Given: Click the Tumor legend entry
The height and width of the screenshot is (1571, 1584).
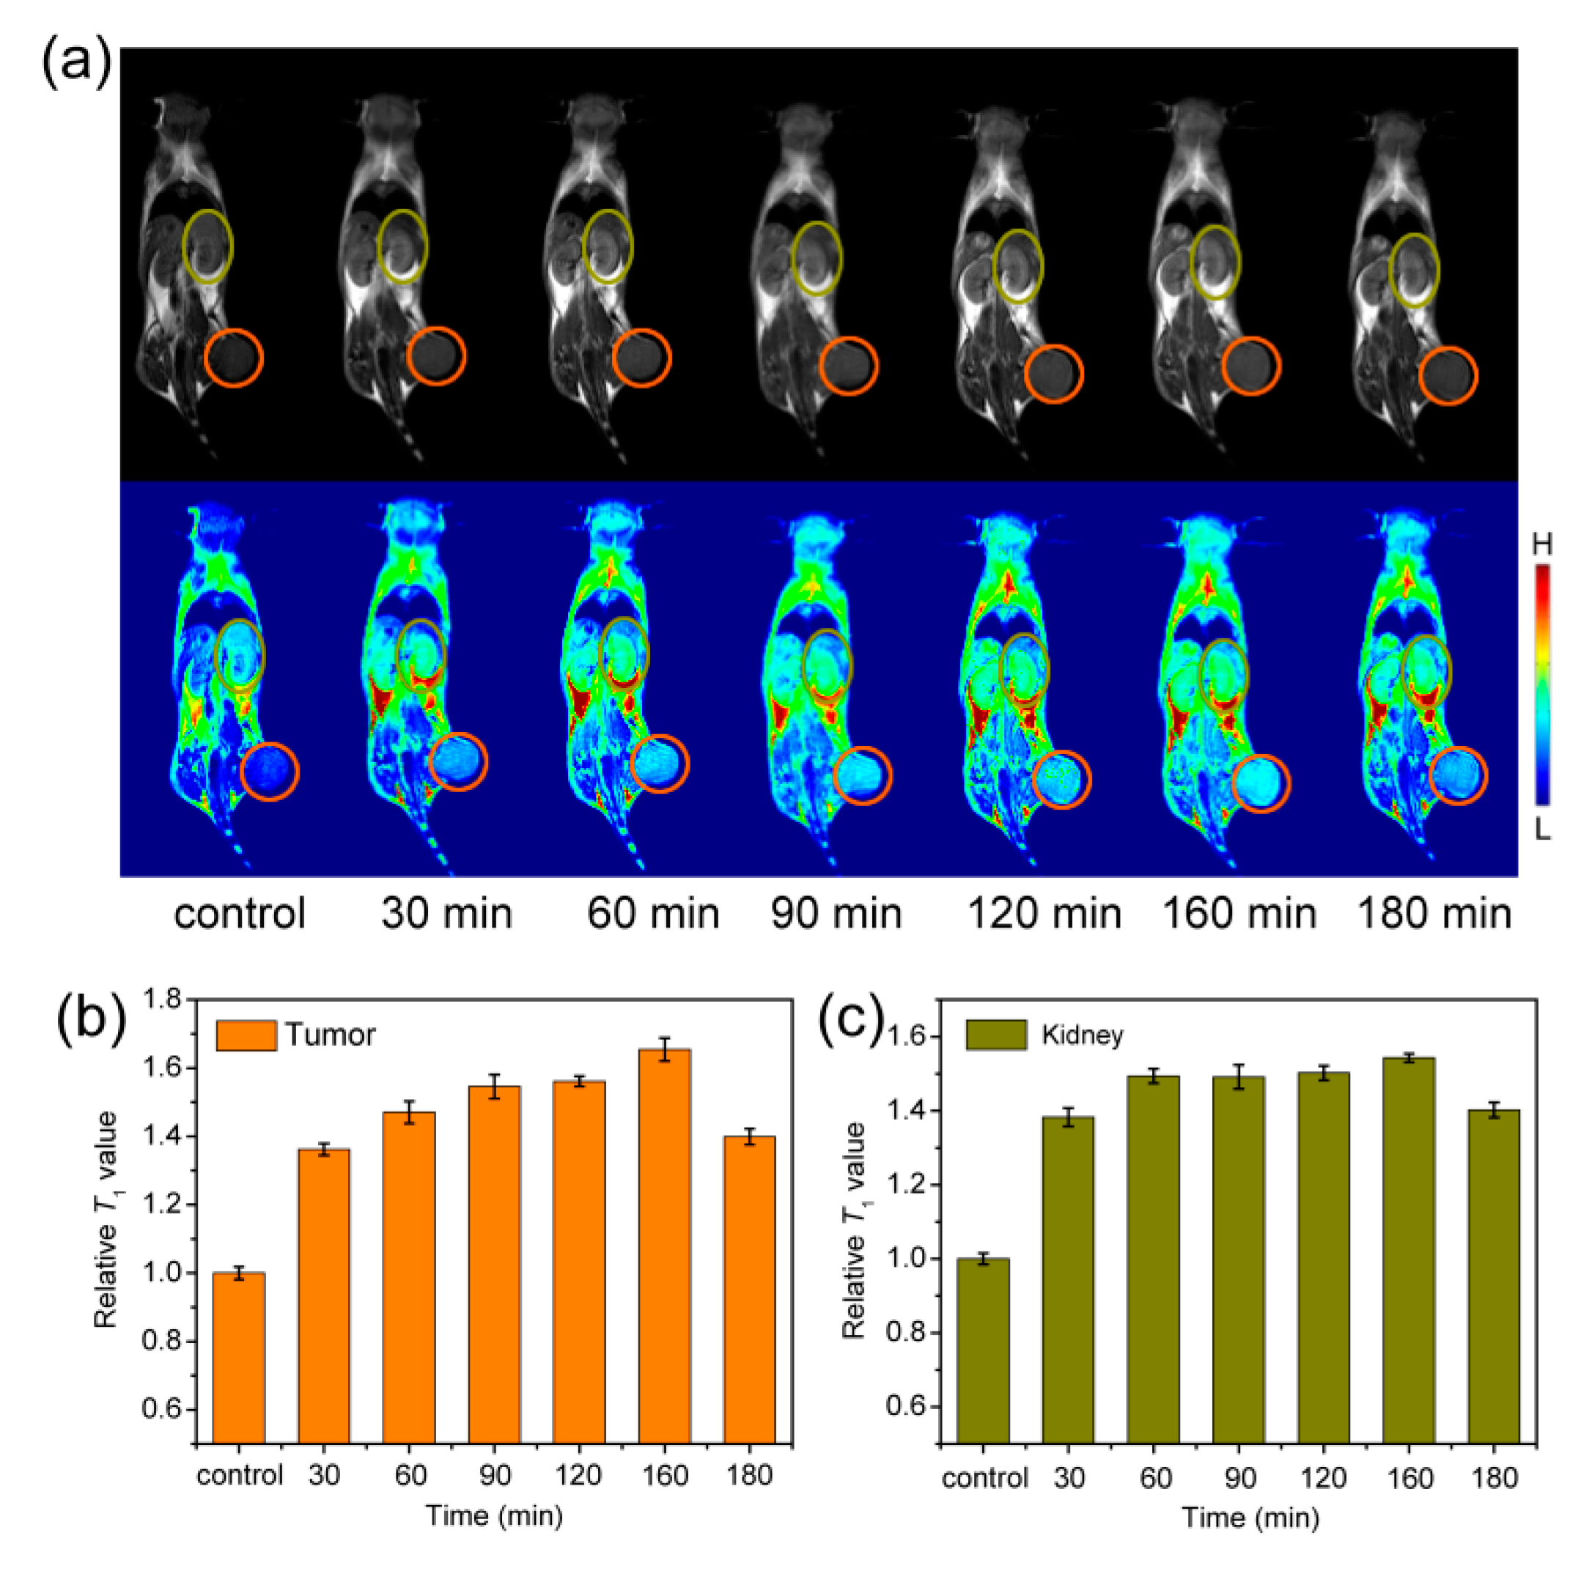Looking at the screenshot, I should point(295,1035).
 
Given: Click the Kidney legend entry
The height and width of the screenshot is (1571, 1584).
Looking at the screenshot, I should point(1045,1035).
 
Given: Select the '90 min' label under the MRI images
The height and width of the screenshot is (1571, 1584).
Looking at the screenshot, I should point(836,914).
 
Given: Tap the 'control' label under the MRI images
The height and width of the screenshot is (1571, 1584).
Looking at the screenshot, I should point(240,914).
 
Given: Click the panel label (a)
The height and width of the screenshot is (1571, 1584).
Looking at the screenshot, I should point(76,62).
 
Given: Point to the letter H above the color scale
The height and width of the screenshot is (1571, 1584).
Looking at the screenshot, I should point(1542,544).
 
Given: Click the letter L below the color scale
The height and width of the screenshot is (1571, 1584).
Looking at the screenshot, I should point(1542,831).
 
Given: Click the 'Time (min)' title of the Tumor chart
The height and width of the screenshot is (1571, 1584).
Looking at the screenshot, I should point(494,1515).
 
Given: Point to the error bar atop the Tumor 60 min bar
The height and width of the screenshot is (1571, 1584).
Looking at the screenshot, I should point(409,1112).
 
